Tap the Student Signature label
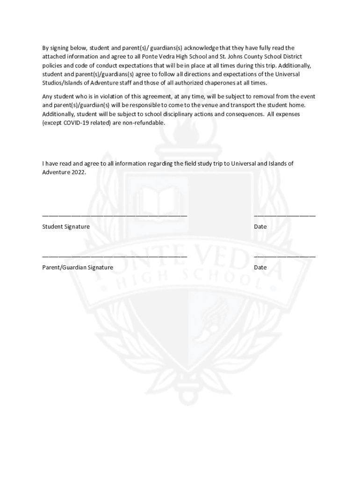pyautogui.click(x=66, y=227)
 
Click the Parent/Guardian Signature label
pyautogui.click(x=78, y=268)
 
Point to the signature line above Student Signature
pyautogui.click(x=115, y=216)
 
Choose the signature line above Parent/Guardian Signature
pyautogui.click(x=115, y=257)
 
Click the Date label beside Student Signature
pyautogui.click(x=260, y=227)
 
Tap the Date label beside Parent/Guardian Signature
pyautogui.click(x=260, y=268)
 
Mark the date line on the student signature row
pyautogui.click(x=284, y=216)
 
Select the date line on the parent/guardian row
pyautogui.click(x=284, y=257)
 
